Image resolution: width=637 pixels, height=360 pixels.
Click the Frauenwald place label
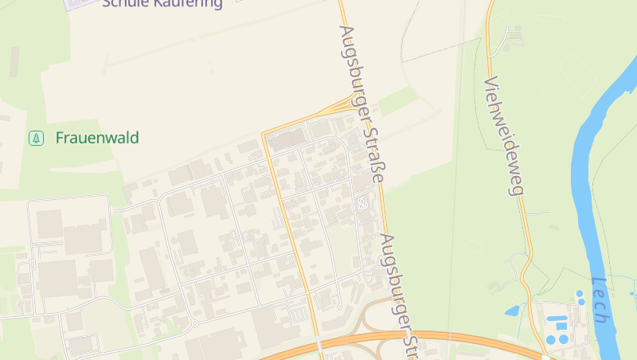click(97, 138)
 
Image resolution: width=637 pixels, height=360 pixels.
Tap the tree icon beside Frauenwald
click(36, 138)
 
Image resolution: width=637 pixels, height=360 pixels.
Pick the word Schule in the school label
click(123, 3)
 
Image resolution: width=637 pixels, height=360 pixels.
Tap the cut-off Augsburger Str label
click(401, 295)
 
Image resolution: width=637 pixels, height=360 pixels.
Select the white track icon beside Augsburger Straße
click(363, 205)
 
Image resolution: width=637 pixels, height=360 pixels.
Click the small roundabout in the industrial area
click(193, 323)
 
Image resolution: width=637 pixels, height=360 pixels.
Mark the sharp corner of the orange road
click(264, 135)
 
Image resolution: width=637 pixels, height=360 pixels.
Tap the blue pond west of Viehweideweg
click(512, 311)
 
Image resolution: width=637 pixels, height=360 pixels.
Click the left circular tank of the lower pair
click(551, 340)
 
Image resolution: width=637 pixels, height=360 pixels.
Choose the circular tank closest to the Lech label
click(580, 293)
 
